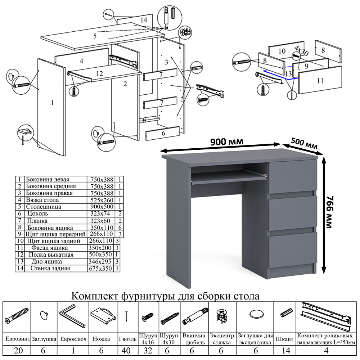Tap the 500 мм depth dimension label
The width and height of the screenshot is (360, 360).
(x=304, y=144)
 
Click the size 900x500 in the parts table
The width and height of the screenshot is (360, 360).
(x=101, y=207)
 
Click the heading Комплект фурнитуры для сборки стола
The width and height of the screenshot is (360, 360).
(x=165, y=296)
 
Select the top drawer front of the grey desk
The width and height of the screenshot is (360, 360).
(x=292, y=177)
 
